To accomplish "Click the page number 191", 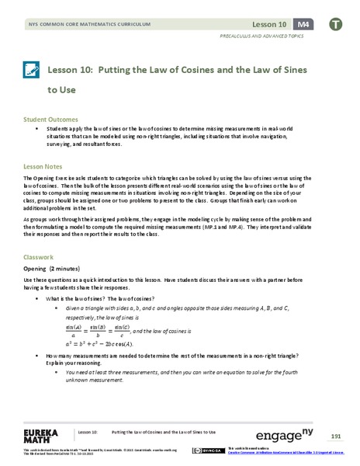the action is (x=336, y=435).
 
